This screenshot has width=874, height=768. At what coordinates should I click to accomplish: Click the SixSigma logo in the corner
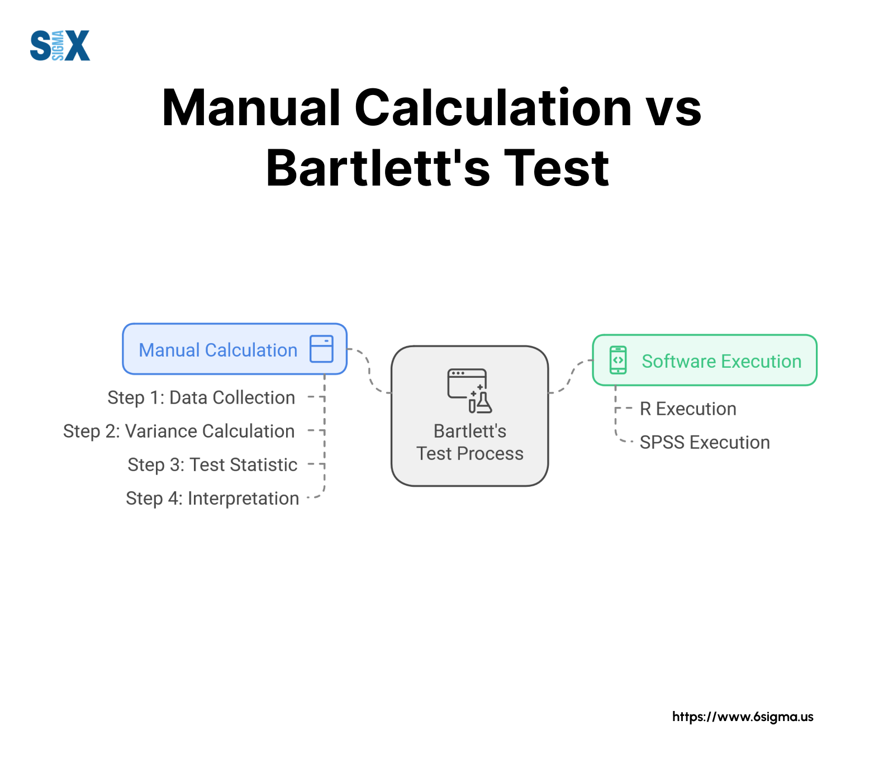(60, 45)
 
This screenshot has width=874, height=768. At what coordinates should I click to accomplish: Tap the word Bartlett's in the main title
(378, 168)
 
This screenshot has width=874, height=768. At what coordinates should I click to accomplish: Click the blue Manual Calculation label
(218, 350)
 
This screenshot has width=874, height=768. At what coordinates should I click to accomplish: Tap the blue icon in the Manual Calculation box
(321, 349)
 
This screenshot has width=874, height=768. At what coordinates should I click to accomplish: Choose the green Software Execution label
(721, 361)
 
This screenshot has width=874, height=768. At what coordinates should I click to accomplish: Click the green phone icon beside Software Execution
(618, 360)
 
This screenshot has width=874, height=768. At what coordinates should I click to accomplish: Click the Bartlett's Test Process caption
(470, 442)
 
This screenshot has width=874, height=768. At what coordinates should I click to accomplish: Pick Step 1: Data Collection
(201, 397)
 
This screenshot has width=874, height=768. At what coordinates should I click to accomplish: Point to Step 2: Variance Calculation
(179, 431)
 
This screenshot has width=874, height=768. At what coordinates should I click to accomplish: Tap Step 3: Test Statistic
(212, 464)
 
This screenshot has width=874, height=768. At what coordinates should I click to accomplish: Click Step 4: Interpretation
(212, 498)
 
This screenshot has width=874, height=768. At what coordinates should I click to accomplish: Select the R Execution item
(688, 409)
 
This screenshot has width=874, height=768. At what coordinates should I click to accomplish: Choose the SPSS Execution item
(705, 442)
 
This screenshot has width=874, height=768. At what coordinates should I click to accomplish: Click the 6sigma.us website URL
(743, 717)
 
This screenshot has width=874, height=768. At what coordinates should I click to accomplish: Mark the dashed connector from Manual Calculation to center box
(369, 371)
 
